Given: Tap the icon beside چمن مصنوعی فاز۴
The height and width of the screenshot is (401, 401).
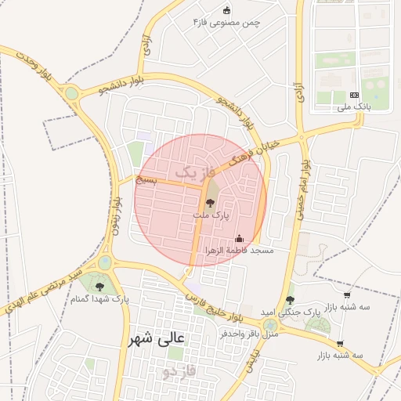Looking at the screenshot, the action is pos(227,11).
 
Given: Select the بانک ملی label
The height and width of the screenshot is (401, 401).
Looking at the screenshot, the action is pos(352,107).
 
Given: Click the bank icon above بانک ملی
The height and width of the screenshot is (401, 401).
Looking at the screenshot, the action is pos(353,95).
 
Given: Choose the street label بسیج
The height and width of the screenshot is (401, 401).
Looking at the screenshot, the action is pos(146,180).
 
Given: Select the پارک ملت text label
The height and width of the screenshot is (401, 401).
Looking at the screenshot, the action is pos(210,214).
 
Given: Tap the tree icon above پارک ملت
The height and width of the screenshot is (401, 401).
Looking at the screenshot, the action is pos(209,202).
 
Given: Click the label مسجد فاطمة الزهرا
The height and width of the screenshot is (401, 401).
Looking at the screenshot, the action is pos(240,251).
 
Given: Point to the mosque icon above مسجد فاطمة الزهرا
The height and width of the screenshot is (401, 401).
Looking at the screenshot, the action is pos(240,239).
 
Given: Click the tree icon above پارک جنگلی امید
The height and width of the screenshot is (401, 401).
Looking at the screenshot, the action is pos(290,300).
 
